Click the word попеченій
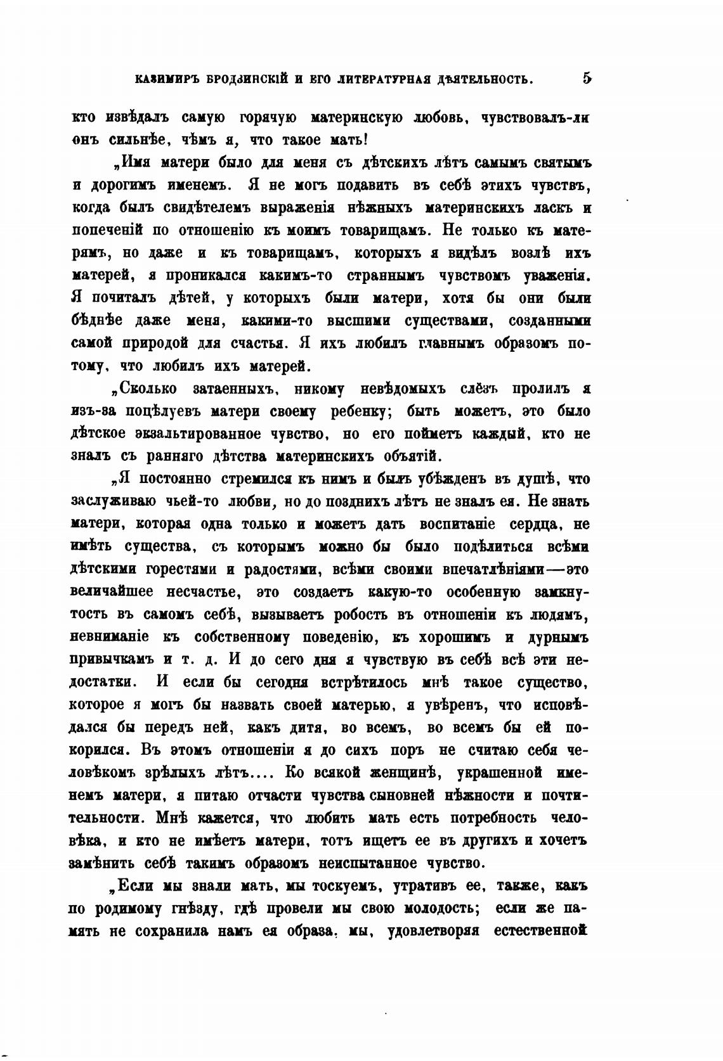click(x=103, y=230)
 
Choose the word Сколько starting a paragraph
click(x=148, y=389)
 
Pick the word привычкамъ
click(x=112, y=660)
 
